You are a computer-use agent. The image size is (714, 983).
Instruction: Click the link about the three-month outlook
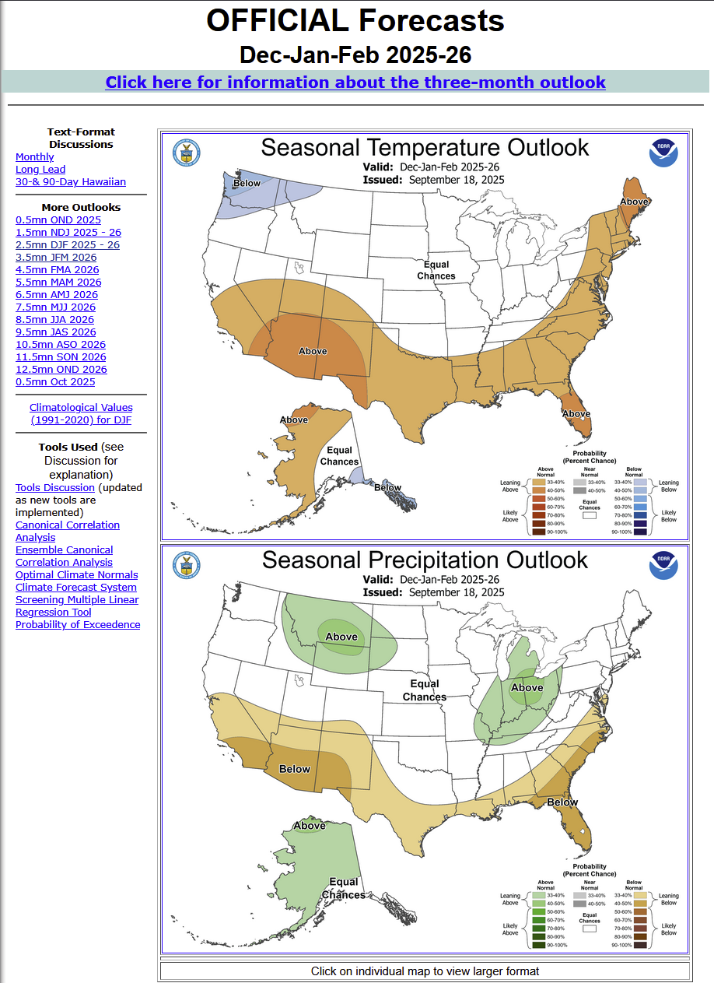[x=355, y=83]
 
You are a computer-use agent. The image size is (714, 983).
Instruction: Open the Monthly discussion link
[x=35, y=157]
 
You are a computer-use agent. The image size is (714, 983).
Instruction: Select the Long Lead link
[x=40, y=170]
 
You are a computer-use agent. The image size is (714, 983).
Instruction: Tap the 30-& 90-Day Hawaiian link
[x=71, y=182]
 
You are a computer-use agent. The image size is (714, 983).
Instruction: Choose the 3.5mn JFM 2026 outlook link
[x=56, y=258]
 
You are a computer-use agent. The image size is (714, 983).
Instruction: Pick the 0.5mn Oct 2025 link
[x=55, y=382]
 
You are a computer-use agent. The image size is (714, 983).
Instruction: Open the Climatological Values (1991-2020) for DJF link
[x=81, y=414]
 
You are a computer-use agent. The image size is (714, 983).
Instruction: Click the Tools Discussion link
[x=55, y=488]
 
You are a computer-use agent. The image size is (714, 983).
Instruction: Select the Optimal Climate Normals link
[x=76, y=575]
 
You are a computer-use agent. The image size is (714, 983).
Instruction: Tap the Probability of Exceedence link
[x=78, y=625]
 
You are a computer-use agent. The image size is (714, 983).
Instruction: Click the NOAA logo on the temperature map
[x=663, y=153]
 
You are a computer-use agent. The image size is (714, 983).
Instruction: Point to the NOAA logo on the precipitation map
[x=663, y=565]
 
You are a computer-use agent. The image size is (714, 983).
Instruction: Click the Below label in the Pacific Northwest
[x=247, y=184]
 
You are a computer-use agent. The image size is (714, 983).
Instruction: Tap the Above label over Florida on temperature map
[x=576, y=414]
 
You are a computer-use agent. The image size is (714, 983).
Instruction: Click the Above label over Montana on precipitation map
[x=341, y=637]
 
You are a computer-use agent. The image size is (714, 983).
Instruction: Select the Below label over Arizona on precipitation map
[x=295, y=769]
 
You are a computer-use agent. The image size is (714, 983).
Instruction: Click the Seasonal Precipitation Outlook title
[x=425, y=560]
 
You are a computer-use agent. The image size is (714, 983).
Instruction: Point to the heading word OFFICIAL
[x=288, y=22]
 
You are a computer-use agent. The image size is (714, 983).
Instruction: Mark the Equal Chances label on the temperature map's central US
[x=436, y=271]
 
